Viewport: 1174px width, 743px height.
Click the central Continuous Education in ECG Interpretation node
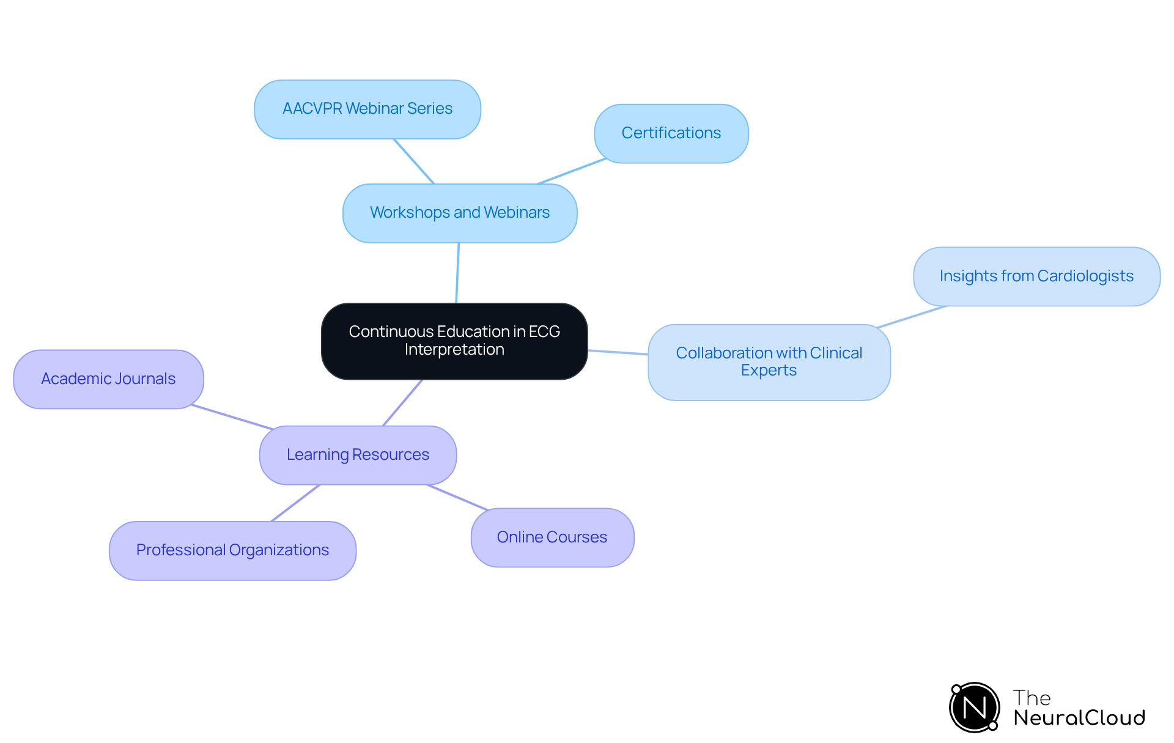[454, 341]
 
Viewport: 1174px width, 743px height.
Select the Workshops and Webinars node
[460, 213]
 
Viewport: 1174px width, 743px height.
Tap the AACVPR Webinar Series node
[367, 109]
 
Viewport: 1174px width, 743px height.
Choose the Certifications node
[671, 133]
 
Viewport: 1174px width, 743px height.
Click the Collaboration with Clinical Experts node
[769, 362]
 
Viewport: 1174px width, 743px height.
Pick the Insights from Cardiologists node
[1036, 276]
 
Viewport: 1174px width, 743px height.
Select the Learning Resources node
[358, 455]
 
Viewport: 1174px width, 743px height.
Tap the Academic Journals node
[108, 379]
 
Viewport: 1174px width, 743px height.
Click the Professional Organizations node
[232, 550]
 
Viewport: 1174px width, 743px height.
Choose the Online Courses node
[552, 538]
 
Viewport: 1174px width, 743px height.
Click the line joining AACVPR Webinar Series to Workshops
[414, 161]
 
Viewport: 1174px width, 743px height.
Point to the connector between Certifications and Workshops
[572, 171]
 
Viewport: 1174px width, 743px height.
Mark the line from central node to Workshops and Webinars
[457, 273]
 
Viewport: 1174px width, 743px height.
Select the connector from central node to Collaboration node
[618, 352]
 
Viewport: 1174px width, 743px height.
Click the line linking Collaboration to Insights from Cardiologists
[912, 317]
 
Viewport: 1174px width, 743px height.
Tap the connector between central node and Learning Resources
[402, 402]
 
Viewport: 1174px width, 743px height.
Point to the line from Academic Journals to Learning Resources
[232, 417]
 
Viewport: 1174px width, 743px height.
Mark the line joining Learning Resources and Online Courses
[457, 497]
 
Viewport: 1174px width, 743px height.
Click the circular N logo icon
[974, 708]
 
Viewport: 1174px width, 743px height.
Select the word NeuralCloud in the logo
[1079, 718]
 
